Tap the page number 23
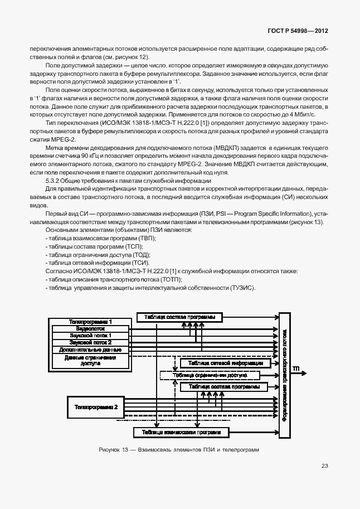click(x=325, y=467)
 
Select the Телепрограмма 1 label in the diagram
click(x=90, y=322)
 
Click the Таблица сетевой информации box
click(x=225, y=363)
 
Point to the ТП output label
click(x=296, y=369)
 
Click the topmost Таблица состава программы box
click(x=179, y=317)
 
